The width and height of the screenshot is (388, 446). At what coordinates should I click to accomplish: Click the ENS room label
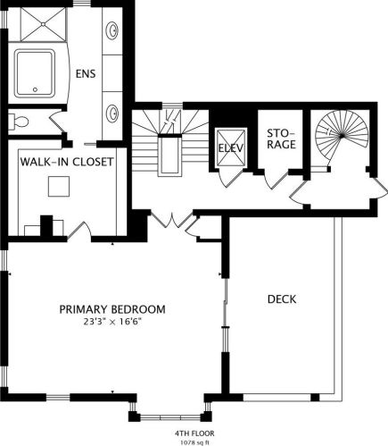(86, 73)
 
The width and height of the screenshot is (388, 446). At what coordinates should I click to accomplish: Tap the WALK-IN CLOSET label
(67, 162)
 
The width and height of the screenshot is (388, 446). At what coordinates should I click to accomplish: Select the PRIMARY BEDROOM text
(112, 309)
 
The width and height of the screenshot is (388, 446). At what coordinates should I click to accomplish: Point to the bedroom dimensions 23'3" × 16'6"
(112, 322)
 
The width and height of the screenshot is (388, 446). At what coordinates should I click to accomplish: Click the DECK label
(282, 299)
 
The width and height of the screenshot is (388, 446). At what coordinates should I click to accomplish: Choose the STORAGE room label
(281, 139)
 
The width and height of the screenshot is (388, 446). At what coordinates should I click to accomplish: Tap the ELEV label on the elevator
(231, 148)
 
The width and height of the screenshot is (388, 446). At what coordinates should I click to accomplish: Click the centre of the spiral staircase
(342, 136)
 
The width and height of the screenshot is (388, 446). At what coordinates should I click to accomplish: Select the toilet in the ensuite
(18, 122)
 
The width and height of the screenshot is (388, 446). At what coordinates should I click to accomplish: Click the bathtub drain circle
(36, 89)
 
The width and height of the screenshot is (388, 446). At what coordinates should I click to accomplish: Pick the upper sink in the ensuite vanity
(113, 30)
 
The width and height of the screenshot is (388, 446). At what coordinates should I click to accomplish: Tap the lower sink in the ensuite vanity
(113, 113)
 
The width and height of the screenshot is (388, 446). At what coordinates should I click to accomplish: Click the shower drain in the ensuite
(44, 24)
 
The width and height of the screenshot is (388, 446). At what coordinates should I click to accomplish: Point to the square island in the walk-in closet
(59, 187)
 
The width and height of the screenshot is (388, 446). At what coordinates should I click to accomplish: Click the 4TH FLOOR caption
(194, 433)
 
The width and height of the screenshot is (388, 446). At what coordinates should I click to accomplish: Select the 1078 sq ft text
(194, 442)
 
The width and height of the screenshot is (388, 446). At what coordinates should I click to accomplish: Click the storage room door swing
(277, 180)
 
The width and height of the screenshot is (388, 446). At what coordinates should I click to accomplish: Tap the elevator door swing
(230, 179)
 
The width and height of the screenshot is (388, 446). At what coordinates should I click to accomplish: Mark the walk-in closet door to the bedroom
(79, 231)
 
